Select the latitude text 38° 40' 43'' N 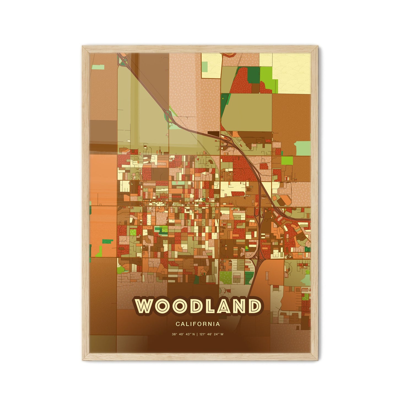tap(183, 335)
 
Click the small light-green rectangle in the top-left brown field tap(98, 67)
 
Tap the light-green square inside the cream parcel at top tap(205, 66)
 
